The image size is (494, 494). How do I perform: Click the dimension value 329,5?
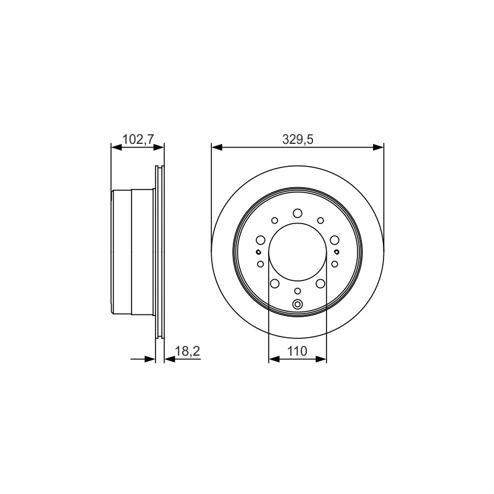click(x=298, y=140)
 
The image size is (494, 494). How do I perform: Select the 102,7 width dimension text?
click(x=138, y=139)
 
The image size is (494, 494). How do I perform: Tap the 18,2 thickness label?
click(x=187, y=351)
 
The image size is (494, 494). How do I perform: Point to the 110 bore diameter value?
click(x=298, y=351)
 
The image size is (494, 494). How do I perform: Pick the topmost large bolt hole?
click(x=298, y=213)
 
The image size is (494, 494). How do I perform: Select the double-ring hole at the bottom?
click(x=298, y=304)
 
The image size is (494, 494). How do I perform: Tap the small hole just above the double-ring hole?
click(x=298, y=290)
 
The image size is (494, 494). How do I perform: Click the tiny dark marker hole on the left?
click(x=258, y=252)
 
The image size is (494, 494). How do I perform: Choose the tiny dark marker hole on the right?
click(x=337, y=252)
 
